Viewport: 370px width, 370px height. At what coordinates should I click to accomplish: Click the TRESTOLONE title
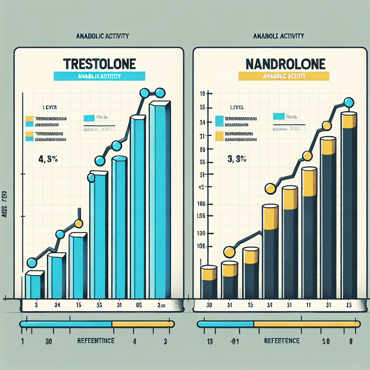[99, 64]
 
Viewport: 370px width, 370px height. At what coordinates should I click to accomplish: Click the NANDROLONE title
[285, 64]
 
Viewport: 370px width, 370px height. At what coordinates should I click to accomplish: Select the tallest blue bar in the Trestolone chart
[159, 199]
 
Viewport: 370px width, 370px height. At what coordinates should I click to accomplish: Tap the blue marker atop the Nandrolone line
[348, 103]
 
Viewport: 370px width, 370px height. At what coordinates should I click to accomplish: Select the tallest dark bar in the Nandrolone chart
[349, 210]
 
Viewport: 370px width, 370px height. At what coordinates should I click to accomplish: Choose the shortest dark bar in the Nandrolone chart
[209, 287]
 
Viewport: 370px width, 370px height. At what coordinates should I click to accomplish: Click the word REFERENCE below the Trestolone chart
[96, 341]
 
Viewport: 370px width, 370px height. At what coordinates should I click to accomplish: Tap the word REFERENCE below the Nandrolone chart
[281, 341]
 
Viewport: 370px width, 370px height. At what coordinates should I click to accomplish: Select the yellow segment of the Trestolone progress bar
[143, 324]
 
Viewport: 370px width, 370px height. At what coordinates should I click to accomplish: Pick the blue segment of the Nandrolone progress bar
[226, 324]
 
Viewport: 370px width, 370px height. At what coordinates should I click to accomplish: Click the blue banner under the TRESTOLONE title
[99, 76]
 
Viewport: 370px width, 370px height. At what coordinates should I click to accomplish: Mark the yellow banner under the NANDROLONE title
[284, 76]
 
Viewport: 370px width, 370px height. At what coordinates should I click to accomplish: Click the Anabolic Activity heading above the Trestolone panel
[103, 36]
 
